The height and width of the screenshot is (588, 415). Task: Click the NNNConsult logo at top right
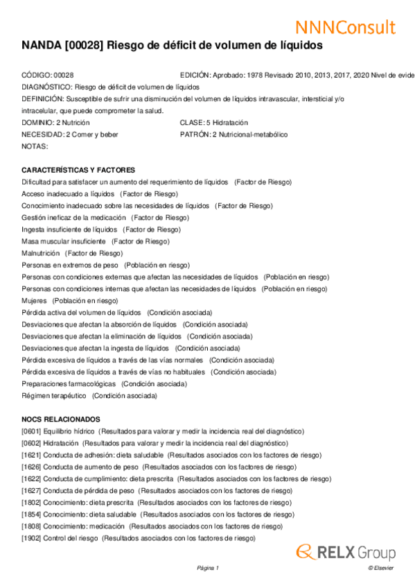345,27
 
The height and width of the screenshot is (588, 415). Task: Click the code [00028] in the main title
87,46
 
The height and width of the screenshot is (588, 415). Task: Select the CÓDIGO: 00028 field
48,75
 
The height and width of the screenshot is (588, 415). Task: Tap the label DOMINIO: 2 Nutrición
55,123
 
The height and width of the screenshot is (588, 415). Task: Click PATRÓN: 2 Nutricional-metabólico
233,135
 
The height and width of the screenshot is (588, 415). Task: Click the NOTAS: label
35,146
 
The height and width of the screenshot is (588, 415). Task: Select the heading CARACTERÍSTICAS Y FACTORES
78,170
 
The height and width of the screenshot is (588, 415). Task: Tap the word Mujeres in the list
35,301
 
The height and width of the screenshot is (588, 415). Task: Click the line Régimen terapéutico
54,396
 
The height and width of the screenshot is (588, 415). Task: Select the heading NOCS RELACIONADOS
61,419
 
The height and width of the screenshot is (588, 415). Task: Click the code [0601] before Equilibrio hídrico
31,431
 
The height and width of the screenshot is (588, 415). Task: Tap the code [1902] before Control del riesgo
31,538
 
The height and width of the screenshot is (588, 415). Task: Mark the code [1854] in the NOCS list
31,514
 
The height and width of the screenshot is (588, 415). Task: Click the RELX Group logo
346,552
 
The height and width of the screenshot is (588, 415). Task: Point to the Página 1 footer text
208,568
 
